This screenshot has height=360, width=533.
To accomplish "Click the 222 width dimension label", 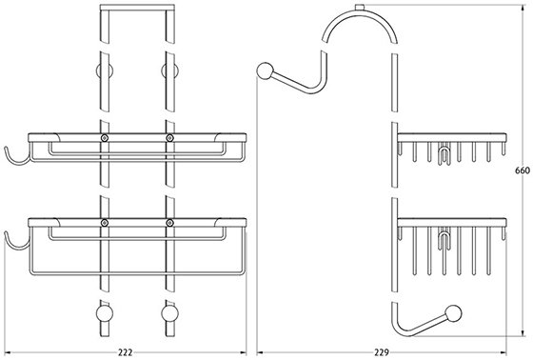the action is (x=126, y=352).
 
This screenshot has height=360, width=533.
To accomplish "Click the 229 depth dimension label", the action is (x=382, y=352).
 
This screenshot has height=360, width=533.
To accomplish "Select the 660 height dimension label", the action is (x=523, y=170).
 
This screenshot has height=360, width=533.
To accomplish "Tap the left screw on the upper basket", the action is (x=105, y=138).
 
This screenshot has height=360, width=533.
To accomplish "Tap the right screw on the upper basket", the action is (x=169, y=138).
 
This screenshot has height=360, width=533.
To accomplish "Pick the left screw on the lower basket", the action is (x=105, y=223).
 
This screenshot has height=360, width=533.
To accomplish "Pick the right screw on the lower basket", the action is (x=169, y=223).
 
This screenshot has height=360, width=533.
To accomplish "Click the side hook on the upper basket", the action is (x=13, y=163).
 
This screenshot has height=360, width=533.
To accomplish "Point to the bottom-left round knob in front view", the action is (x=104, y=313).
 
